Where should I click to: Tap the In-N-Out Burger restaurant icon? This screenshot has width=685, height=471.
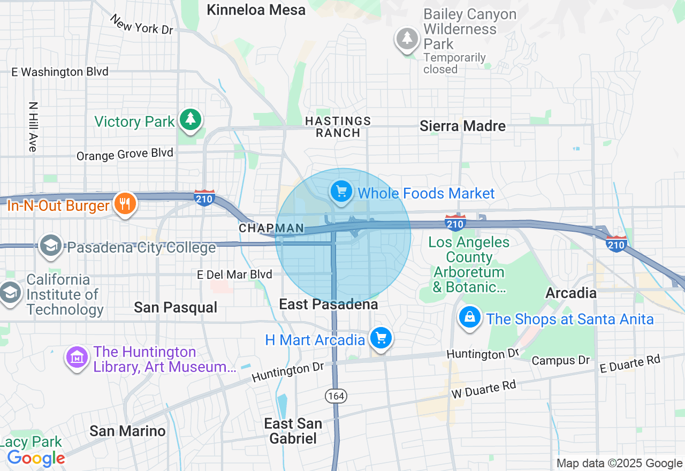[125, 204]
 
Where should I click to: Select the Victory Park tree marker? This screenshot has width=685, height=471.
[190, 119]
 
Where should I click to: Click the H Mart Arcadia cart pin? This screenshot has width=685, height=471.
[381, 338]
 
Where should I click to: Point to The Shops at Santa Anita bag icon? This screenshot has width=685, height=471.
[469, 317]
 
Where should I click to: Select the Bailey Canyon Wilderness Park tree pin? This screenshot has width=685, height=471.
[407, 39]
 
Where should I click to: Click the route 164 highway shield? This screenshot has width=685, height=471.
[336, 396]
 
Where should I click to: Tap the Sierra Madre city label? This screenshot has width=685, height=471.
[462, 126]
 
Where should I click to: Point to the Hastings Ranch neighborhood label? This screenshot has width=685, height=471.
[338, 127]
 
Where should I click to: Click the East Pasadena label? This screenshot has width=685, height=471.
[329, 304]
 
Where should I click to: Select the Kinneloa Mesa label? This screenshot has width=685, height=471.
[256, 10]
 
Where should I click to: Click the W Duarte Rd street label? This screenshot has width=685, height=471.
[484, 389]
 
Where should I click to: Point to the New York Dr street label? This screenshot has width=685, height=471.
[142, 25]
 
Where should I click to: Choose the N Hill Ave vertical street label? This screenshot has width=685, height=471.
[33, 127]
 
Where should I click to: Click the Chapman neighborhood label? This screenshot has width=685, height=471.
[271, 229]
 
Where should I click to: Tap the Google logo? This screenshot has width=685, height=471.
[36, 458]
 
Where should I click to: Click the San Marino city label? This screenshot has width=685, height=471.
[127, 431]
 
